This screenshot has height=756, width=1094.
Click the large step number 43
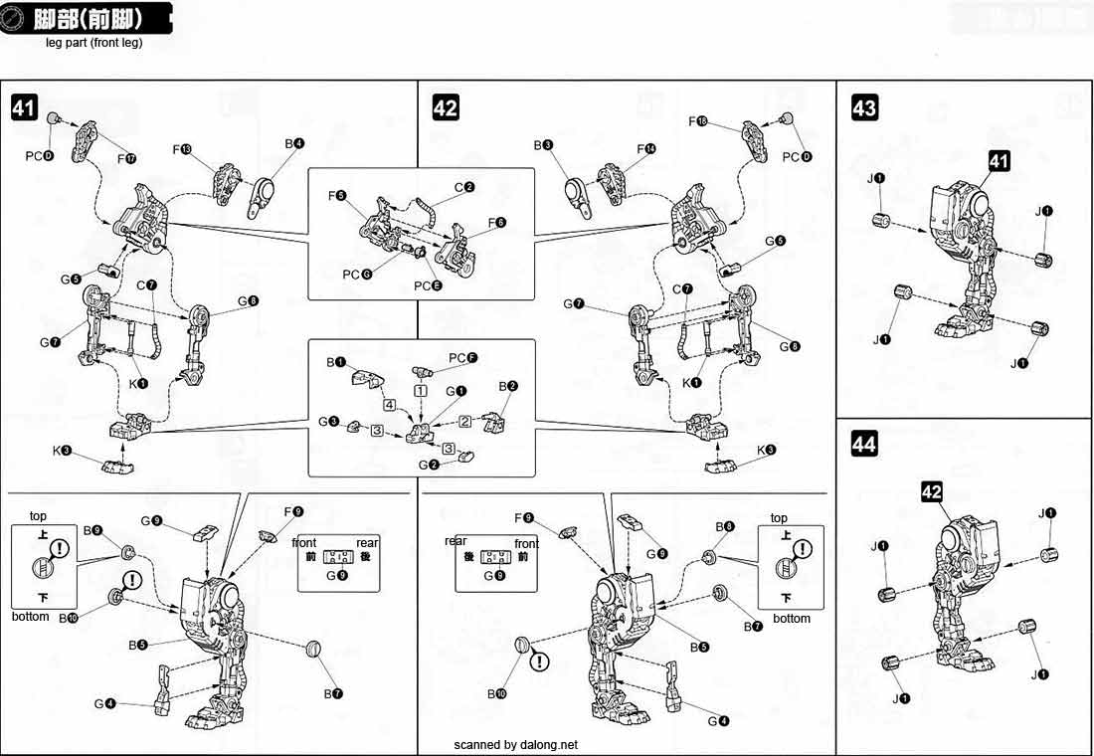pyautogui.click(x=864, y=106)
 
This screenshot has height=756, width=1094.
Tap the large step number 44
pyautogui.click(x=864, y=444)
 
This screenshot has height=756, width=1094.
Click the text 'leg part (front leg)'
pyautogui.click(x=94, y=43)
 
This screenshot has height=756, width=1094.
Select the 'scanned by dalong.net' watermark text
pyautogui.click(x=515, y=744)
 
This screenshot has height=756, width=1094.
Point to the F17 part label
pyautogui.click(x=125, y=158)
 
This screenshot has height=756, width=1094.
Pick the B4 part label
pyautogui.click(x=294, y=144)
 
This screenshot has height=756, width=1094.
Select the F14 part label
pyautogui.click(x=646, y=149)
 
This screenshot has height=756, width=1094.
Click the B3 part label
pyautogui.click(x=542, y=145)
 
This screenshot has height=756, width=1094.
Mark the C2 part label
pyautogui.click(x=464, y=187)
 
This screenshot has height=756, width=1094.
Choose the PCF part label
pyautogui.click(x=462, y=357)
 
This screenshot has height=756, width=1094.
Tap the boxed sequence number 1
pyautogui.click(x=422, y=391)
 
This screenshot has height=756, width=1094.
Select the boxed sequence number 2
pyautogui.click(x=464, y=421)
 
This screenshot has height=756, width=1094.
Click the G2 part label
pyautogui.click(x=429, y=465)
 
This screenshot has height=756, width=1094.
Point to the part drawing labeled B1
pyautogui.click(x=367, y=380)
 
